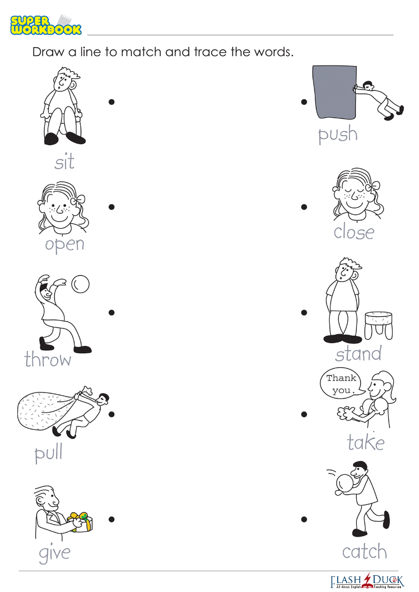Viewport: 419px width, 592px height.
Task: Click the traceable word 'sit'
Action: [x=64, y=162]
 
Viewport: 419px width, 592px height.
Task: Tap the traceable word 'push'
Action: [x=338, y=134]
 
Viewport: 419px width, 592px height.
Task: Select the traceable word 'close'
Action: [x=354, y=232]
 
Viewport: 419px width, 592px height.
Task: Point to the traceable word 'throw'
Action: [x=48, y=359]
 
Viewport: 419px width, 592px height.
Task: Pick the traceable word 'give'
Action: [x=55, y=553]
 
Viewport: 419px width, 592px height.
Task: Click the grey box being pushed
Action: [x=334, y=91]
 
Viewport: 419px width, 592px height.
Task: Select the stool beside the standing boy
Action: [x=379, y=325]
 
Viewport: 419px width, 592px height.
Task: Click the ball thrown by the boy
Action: [x=80, y=284]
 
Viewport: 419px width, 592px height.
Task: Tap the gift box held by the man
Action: [x=80, y=522]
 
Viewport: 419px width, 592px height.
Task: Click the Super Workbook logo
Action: [x=45, y=25]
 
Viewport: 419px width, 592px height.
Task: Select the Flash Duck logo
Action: [x=367, y=581]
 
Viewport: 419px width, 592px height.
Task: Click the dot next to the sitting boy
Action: [x=111, y=102]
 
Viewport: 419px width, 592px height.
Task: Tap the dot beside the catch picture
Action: [x=304, y=520]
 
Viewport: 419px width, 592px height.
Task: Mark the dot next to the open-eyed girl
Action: [x=111, y=207]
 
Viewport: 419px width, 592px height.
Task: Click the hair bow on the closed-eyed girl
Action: [x=375, y=186]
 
